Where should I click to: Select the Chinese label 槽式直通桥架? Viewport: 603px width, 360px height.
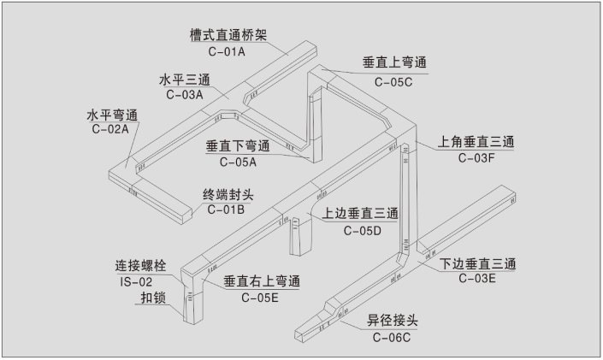coord(229,36)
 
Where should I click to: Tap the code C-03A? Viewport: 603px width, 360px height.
coord(186,94)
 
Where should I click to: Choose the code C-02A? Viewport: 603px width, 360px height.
coord(109,129)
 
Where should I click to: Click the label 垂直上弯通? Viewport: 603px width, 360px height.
coord(394,64)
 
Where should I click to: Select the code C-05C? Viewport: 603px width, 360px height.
coord(393,81)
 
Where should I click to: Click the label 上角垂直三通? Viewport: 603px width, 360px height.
coord(477,141)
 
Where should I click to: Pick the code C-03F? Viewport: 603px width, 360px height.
coord(476,157)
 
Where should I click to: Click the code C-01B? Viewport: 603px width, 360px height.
coord(228,209)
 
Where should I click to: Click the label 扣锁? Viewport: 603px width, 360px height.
coord(154,298)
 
